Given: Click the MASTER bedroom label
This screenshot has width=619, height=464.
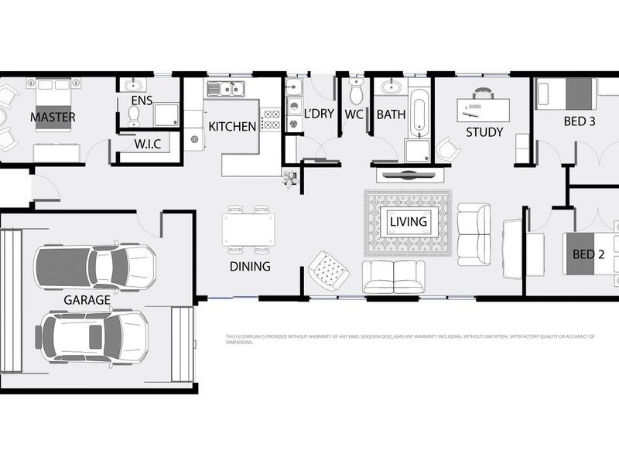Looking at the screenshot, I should click(x=53, y=118).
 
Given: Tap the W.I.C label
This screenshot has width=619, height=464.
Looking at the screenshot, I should click(x=147, y=145).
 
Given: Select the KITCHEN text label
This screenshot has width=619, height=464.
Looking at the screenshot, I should click(x=232, y=126).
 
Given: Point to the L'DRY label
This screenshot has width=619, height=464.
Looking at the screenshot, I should click(x=318, y=114).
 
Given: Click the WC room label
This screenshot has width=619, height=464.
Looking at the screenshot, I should click(x=354, y=114).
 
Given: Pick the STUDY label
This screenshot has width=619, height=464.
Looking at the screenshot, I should click(x=484, y=132).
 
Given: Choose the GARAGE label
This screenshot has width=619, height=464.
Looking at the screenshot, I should click(x=87, y=300).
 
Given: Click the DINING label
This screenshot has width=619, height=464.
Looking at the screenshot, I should click(x=250, y=267).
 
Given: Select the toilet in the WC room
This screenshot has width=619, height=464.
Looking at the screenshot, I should click(x=356, y=92).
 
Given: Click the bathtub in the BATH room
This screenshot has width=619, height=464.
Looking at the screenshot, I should click(x=419, y=113).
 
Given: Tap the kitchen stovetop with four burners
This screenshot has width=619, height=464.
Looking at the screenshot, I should click(x=272, y=119).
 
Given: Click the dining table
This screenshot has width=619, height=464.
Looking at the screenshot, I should click(x=248, y=230).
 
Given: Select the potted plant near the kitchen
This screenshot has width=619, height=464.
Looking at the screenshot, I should click(x=290, y=179).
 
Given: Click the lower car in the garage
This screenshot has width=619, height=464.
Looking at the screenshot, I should click(x=91, y=330).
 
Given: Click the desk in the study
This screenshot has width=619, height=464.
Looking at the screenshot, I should click(x=485, y=107).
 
